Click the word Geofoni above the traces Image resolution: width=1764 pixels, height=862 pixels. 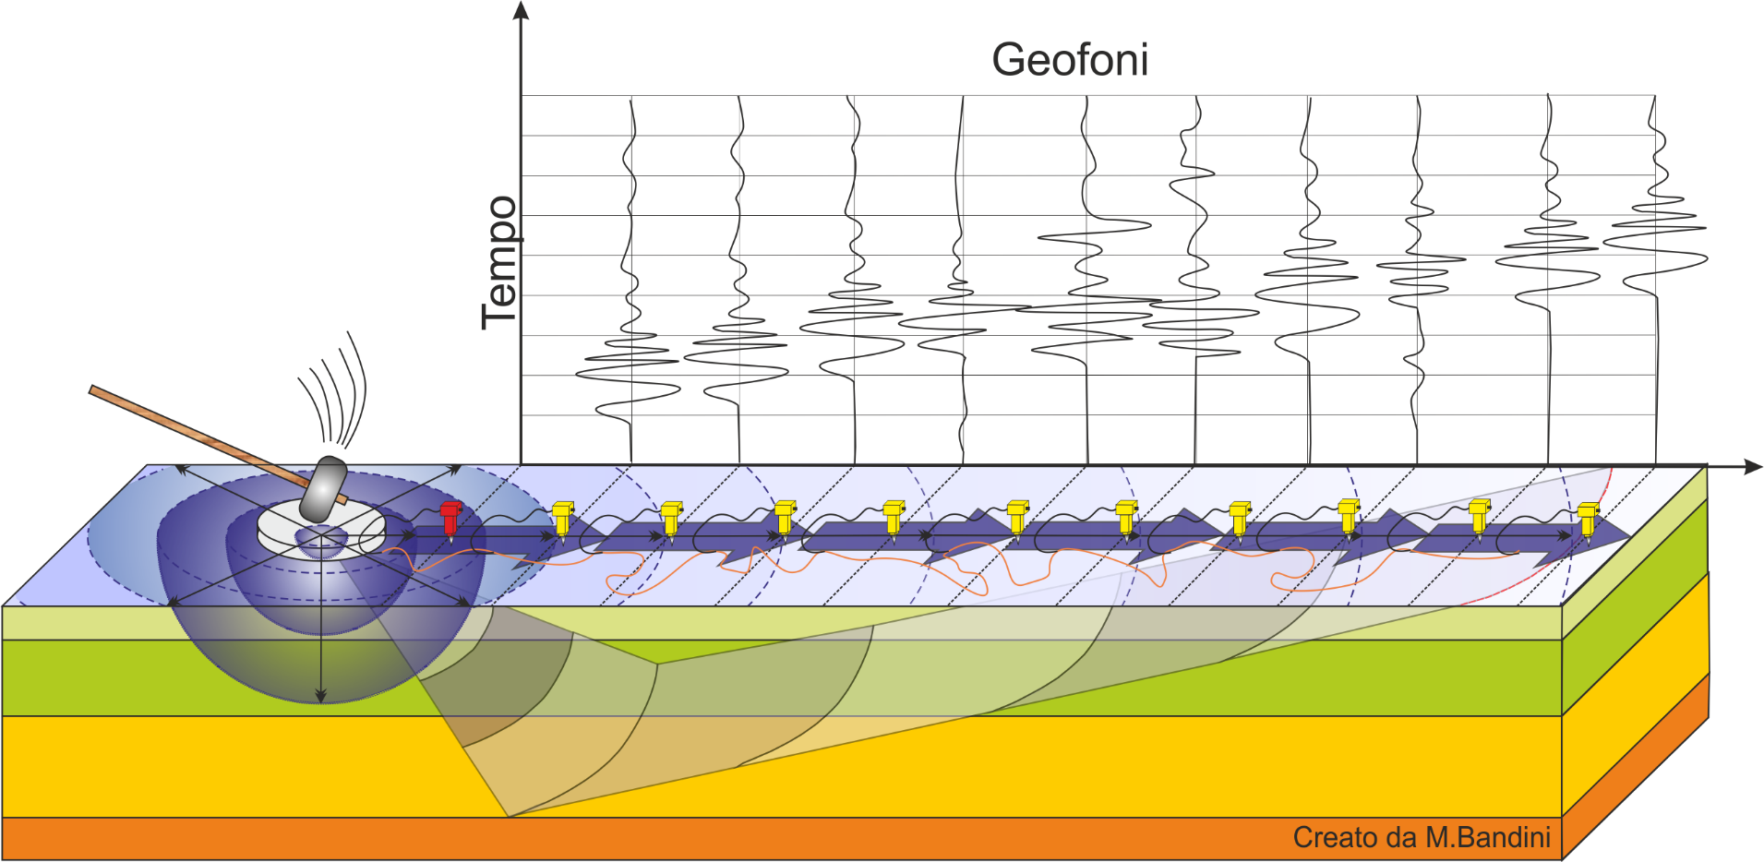coord(1070,60)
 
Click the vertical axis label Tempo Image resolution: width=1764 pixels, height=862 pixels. coord(500,263)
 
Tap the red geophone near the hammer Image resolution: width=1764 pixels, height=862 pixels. coord(450,519)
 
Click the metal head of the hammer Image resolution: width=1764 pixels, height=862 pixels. coord(324,488)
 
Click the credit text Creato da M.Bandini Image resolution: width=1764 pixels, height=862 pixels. coord(1422,837)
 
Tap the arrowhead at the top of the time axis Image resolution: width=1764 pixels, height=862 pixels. coord(521,10)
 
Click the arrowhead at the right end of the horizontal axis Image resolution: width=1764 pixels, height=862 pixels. coord(1753,467)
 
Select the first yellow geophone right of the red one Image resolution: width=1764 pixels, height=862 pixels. coord(563,519)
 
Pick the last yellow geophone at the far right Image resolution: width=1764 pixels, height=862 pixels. coord(1588,520)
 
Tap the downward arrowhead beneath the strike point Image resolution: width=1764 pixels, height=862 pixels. coord(320,695)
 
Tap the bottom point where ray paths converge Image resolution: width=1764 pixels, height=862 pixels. coord(509,817)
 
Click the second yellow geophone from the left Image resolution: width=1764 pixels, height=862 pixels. coord(672,519)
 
